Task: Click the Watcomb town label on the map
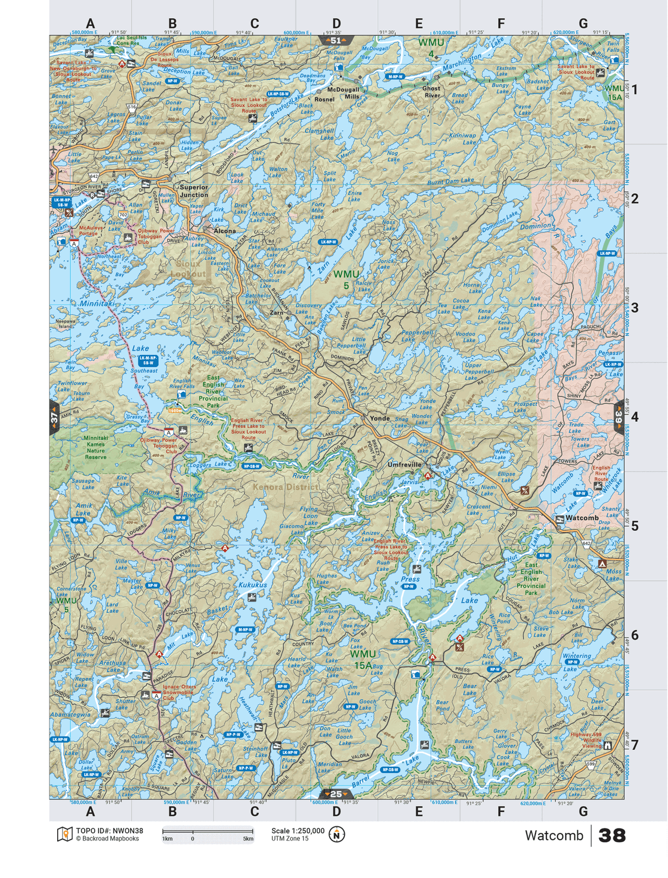tap(582, 518)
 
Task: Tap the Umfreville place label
tap(404, 465)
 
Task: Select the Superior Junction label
tap(194, 191)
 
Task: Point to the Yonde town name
tap(379, 418)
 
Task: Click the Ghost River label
tap(431, 92)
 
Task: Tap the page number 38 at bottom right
tap(612, 836)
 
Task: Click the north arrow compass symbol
tap(337, 835)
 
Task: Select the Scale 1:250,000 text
tap(298, 831)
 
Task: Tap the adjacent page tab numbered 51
tap(336, 40)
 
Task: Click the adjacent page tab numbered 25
tap(336, 794)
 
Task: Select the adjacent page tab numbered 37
tap(54, 418)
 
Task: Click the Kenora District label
tap(285, 487)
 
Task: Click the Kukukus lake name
tap(253, 585)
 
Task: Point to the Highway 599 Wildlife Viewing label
tap(586, 740)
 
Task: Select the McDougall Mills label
tap(343, 92)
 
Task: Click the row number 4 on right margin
tap(634, 417)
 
